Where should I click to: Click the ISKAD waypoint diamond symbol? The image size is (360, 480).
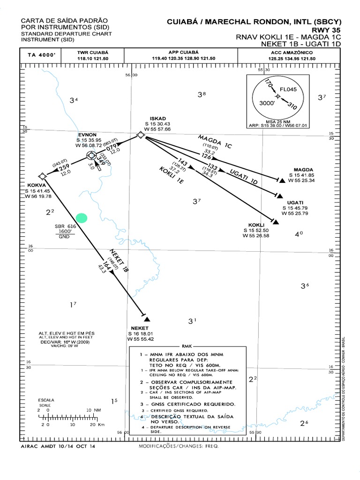pyautogui.click(x=140, y=135)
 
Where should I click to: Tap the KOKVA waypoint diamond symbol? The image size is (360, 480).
pyautogui.click(x=42, y=176)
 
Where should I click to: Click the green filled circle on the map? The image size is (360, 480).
pyautogui.click(x=82, y=217)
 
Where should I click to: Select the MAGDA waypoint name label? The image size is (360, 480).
pyautogui.click(x=303, y=169)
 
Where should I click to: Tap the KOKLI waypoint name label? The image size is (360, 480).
pyautogui.click(x=257, y=225)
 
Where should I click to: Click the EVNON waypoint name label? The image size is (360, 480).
pyautogui.click(x=88, y=134)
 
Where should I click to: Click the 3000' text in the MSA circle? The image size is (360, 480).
pyautogui.click(x=268, y=104)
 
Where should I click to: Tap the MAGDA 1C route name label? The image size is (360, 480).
pyautogui.click(x=215, y=141)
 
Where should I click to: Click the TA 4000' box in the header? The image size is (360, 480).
pyautogui.click(x=42, y=55)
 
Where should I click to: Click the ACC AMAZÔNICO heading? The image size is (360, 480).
pyautogui.click(x=291, y=52)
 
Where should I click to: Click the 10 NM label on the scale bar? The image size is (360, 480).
pyautogui.click(x=94, y=409)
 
